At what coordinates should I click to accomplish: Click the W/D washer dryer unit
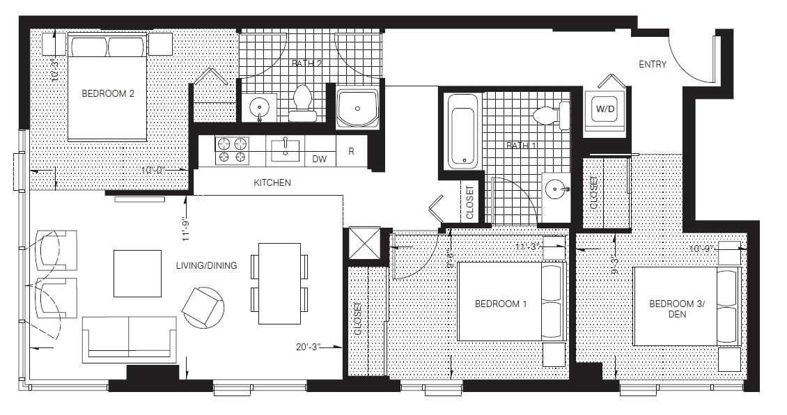[602, 109]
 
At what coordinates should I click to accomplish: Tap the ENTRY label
[653, 65]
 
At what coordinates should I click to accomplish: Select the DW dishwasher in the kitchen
[319, 159]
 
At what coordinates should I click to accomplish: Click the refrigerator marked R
[352, 150]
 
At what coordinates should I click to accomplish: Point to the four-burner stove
[233, 150]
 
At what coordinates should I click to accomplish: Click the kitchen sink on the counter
[285, 149]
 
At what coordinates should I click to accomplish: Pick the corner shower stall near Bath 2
[357, 108]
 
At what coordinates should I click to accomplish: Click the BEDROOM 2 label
[108, 93]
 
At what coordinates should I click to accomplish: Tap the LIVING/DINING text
[206, 265]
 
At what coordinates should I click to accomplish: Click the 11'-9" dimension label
[185, 227]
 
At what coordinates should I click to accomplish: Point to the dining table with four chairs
[279, 283]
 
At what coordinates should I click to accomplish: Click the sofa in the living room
[130, 339]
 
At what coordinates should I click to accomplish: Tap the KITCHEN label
[272, 183]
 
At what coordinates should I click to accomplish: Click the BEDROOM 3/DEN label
[672, 308]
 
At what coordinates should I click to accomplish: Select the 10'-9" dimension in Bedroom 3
[702, 248]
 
